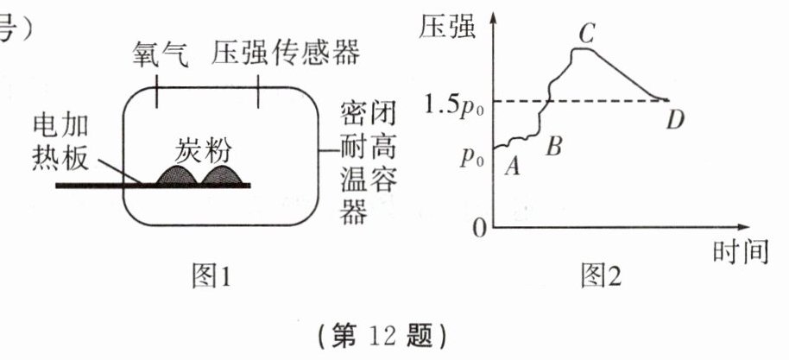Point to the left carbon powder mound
[x=176, y=175]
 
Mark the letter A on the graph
[x=511, y=167]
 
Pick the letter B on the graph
[x=555, y=145]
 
